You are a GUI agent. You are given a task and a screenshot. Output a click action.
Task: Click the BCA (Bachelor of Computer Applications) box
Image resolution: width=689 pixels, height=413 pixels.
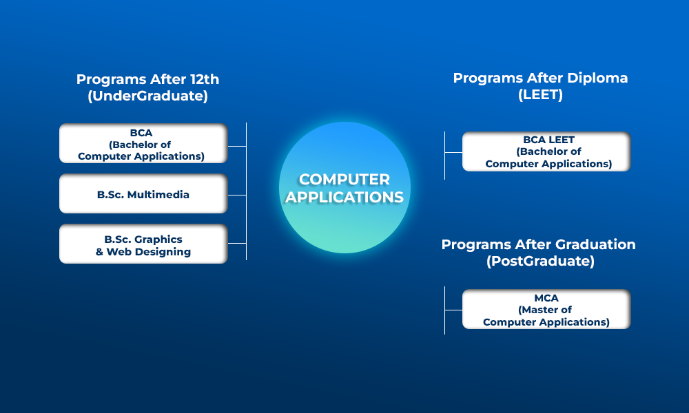pyautogui.click(x=143, y=144)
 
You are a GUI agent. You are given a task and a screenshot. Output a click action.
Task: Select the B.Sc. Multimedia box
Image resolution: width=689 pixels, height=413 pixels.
pyautogui.click(x=143, y=193)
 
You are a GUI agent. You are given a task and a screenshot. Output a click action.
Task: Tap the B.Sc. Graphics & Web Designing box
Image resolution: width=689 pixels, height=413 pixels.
pyautogui.click(x=143, y=244)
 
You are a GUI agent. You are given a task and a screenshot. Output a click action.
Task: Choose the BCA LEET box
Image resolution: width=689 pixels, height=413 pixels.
pyautogui.click(x=546, y=151)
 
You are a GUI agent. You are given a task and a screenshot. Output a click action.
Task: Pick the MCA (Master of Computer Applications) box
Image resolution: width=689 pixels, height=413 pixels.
pyautogui.click(x=546, y=309)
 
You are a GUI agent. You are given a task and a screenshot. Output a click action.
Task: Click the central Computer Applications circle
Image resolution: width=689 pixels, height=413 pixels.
pyautogui.click(x=345, y=187)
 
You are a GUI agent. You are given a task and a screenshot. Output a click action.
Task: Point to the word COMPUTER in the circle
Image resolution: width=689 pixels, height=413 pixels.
pyautogui.click(x=344, y=179)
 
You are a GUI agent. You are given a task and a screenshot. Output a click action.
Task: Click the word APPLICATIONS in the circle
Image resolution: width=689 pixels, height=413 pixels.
pyautogui.click(x=344, y=197)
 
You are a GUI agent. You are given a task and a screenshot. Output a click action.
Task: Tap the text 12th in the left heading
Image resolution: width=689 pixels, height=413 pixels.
pyautogui.click(x=205, y=79)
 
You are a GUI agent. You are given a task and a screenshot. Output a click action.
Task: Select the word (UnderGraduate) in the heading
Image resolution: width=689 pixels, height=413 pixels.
pyautogui.click(x=147, y=96)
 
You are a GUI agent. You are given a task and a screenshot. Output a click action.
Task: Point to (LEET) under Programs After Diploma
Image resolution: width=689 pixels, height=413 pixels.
pyautogui.click(x=540, y=94)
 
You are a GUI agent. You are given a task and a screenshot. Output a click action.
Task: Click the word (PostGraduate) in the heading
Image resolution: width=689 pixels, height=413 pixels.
pyautogui.click(x=540, y=261)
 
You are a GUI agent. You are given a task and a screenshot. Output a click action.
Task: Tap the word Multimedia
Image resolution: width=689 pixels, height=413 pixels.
pyautogui.click(x=158, y=194)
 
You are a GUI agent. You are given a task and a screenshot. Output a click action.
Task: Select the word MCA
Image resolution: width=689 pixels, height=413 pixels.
pyautogui.click(x=546, y=298)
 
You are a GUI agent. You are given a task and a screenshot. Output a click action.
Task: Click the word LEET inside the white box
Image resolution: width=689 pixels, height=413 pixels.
pyautogui.click(x=562, y=140)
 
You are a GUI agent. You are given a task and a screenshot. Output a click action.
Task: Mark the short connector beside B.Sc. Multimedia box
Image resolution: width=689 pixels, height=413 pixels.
pyautogui.click(x=237, y=195)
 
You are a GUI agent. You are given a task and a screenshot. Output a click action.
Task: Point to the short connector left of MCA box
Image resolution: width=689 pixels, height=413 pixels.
pyautogui.click(x=453, y=310)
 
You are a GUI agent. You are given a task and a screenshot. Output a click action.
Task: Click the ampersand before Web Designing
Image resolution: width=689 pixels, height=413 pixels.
pyautogui.click(x=99, y=252)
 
